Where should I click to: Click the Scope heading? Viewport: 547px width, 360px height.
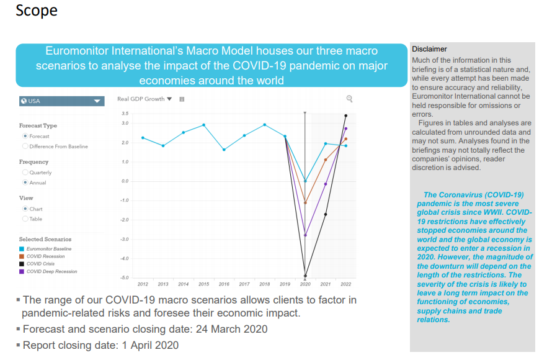(36, 11)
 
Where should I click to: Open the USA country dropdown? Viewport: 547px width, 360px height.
(61, 101)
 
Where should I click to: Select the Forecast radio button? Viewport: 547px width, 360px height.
(25, 136)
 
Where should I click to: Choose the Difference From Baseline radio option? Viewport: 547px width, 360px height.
(25, 146)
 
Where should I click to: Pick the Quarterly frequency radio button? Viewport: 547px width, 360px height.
(25, 173)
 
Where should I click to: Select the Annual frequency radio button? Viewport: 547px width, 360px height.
(25, 182)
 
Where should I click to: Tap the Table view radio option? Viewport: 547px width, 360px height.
(25, 219)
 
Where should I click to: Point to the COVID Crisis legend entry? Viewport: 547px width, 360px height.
(40, 264)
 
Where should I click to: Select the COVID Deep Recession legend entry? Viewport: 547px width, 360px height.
(50, 271)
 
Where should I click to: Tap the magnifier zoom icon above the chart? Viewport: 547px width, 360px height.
(350, 99)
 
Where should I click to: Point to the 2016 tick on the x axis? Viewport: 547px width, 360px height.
(224, 284)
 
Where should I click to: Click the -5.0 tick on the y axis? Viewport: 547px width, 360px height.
(124, 277)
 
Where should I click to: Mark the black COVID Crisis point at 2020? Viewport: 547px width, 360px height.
(305, 276)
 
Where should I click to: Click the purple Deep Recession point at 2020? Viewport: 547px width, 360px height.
(305, 235)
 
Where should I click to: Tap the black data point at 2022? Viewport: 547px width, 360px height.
(345, 115)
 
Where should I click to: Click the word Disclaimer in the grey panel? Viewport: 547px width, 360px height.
(429, 49)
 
